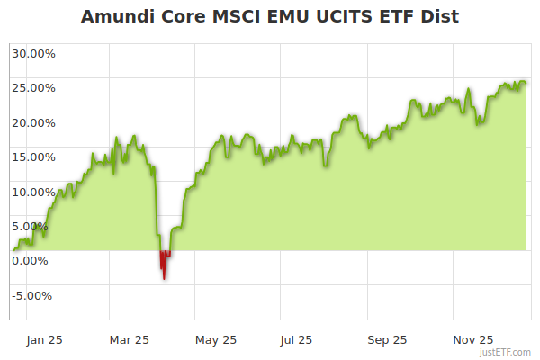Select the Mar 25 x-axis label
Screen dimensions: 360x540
129,340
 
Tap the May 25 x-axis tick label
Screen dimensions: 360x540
216,340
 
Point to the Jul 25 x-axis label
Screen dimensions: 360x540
297,340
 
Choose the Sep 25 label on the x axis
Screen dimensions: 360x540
386,340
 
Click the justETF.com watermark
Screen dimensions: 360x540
506,353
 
